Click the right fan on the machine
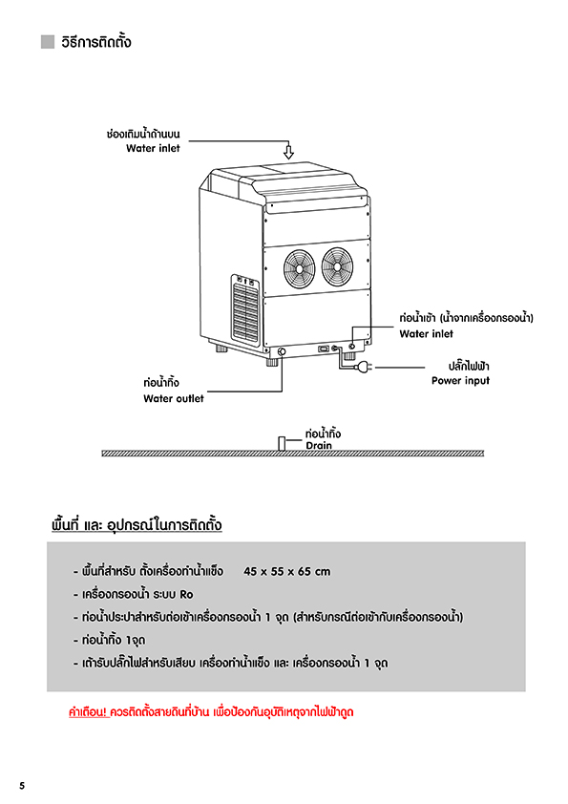pos(337,266)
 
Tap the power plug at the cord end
pos(364,367)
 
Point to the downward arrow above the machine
pos(289,152)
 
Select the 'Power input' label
pos(460,380)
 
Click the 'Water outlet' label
pos(174,398)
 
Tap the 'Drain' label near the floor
pos(319,445)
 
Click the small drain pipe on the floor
pos(282,443)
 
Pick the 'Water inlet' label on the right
pos(427,334)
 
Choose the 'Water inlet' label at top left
pos(153,148)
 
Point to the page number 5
pos(22,786)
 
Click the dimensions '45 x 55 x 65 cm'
pos(287,571)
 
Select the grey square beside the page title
pos(48,41)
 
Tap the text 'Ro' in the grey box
pos(186,594)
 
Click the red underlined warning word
pos(88,711)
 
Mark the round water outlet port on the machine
pos(282,351)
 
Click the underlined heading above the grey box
pos(137,525)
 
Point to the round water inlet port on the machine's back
pos(351,347)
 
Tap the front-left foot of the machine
pos(272,362)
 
